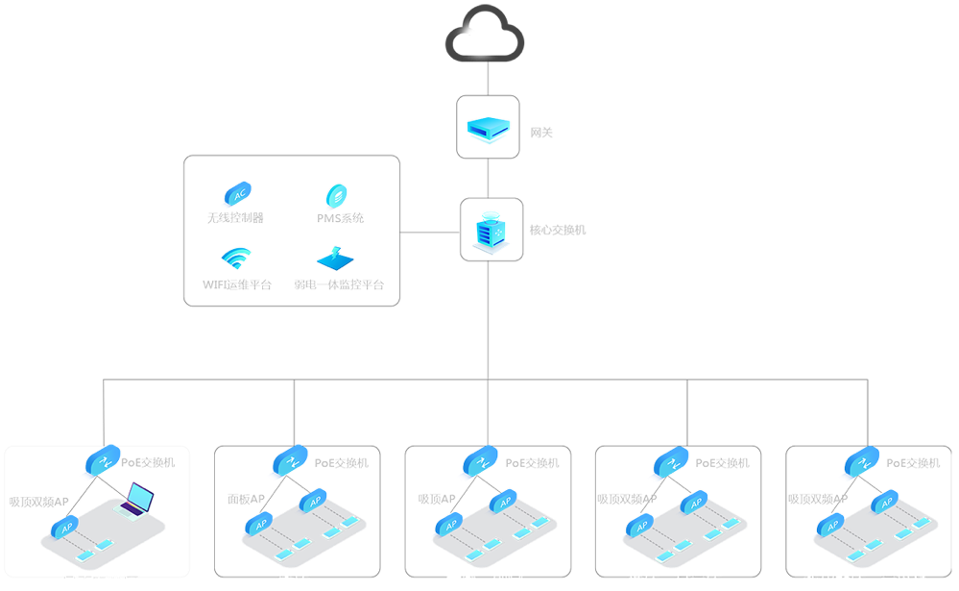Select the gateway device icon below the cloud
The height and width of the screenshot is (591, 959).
pos(488,127)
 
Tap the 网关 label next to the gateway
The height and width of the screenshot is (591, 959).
pos(542,133)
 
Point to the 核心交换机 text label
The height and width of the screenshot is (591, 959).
pos(558,231)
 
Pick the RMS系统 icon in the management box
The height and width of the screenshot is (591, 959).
pos(335,196)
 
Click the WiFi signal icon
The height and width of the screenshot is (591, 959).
pos(236,259)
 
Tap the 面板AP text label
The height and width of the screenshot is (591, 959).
pos(241,500)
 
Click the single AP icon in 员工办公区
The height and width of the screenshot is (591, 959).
pos(67,528)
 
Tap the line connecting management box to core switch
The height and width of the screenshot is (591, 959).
pos(430,232)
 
